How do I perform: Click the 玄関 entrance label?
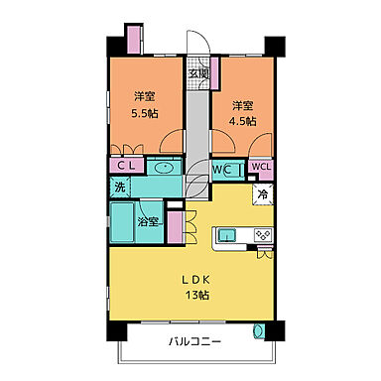pyautogui.click(x=198, y=73)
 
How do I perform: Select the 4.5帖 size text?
pyautogui.click(x=243, y=120)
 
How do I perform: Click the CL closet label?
pyautogui.click(x=127, y=167)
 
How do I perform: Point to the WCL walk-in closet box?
pyautogui.click(x=259, y=167)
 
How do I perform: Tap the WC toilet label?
pyautogui.click(x=224, y=169)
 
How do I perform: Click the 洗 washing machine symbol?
pyautogui.click(x=119, y=187)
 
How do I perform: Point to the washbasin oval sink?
pyautogui.click(x=164, y=169)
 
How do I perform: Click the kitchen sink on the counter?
pyautogui.click(x=226, y=235)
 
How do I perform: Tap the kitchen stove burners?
pyautogui.click(x=262, y=235)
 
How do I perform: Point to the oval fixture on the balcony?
pyautogui.click(x=260, y=331)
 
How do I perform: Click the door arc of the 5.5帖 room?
pyautogui.click(x=175, y=144)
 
